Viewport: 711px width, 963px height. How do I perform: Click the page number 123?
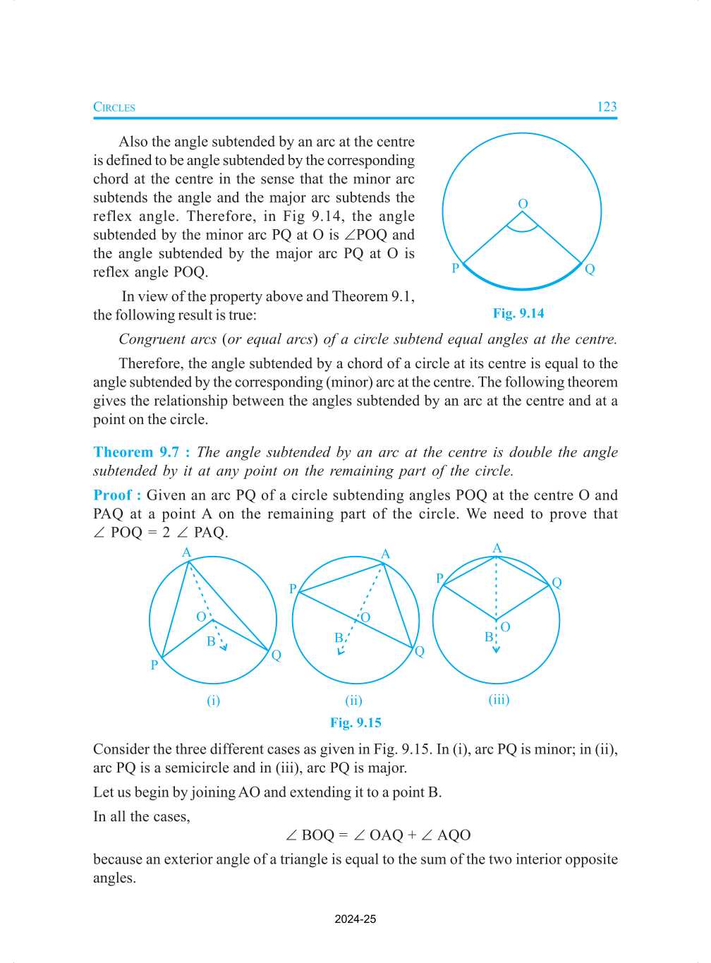(607, 107)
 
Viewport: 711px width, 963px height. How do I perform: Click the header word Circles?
(114, 107)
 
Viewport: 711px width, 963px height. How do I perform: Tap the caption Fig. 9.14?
(518, 313)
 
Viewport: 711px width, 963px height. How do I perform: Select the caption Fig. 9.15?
(355, 722)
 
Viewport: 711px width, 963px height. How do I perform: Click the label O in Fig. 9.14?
(523, 204)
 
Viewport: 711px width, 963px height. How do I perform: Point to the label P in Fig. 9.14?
(456, 268)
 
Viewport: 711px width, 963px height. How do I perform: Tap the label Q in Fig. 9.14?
(590, 269)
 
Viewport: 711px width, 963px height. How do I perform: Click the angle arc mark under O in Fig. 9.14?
(523, 227)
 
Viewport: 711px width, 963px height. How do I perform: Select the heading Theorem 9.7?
(141, 452)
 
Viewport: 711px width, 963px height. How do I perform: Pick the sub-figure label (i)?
(213, 701)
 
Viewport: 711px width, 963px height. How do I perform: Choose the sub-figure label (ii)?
(353, 701)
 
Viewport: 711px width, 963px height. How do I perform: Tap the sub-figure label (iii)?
(499, 700)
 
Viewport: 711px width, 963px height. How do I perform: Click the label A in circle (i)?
(187, 552)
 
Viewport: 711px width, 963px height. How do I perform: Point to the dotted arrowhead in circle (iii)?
(497, 649)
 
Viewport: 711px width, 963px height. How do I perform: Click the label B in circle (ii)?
(339, 638)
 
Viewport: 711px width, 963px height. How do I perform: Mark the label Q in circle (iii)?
(557, 583)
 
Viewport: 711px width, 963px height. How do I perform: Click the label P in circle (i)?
(154, 665)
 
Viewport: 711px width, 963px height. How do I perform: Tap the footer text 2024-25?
(355, 919)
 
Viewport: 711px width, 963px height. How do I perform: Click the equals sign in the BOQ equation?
(344, 835)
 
